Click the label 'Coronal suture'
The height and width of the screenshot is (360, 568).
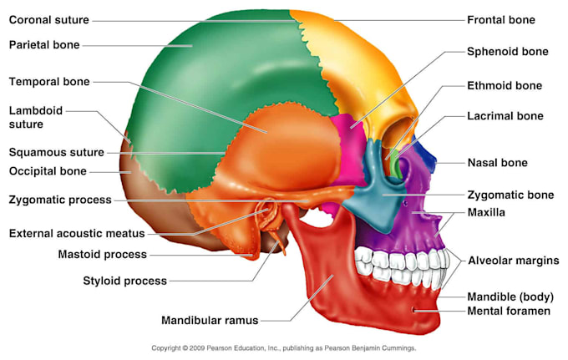[x=49, y=19]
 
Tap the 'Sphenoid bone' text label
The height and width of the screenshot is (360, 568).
[x=508, y=52]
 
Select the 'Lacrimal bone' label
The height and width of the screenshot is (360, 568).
[x=505, y=116]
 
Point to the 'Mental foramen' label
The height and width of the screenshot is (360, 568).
[x=509, y=311]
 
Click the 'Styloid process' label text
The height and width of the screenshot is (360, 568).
[x=125, y=281]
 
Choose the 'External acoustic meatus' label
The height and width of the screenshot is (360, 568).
[x=77, y=233]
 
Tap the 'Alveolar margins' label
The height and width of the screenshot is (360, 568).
[x=514, y=261]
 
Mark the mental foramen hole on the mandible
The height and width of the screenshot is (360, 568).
[x=413, y=309]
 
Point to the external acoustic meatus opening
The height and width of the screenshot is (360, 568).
[x=267, y=211]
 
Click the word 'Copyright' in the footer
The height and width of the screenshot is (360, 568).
[x=166, y=348]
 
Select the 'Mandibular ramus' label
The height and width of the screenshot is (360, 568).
[x=210, y=320]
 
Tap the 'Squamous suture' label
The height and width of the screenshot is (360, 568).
[x=57, y=152]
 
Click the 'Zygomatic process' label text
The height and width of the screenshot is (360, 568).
[x=60, y=200]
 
